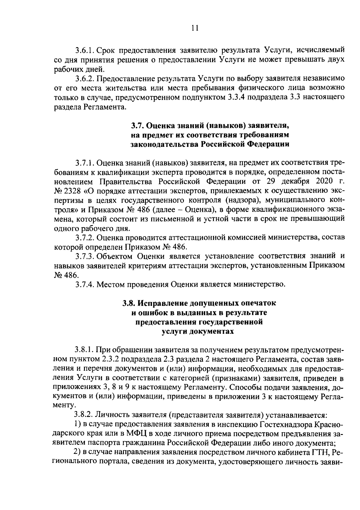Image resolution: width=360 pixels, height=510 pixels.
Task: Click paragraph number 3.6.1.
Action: (x=85, y=50)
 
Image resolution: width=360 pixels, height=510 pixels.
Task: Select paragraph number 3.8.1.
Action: (x=85, y=350)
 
